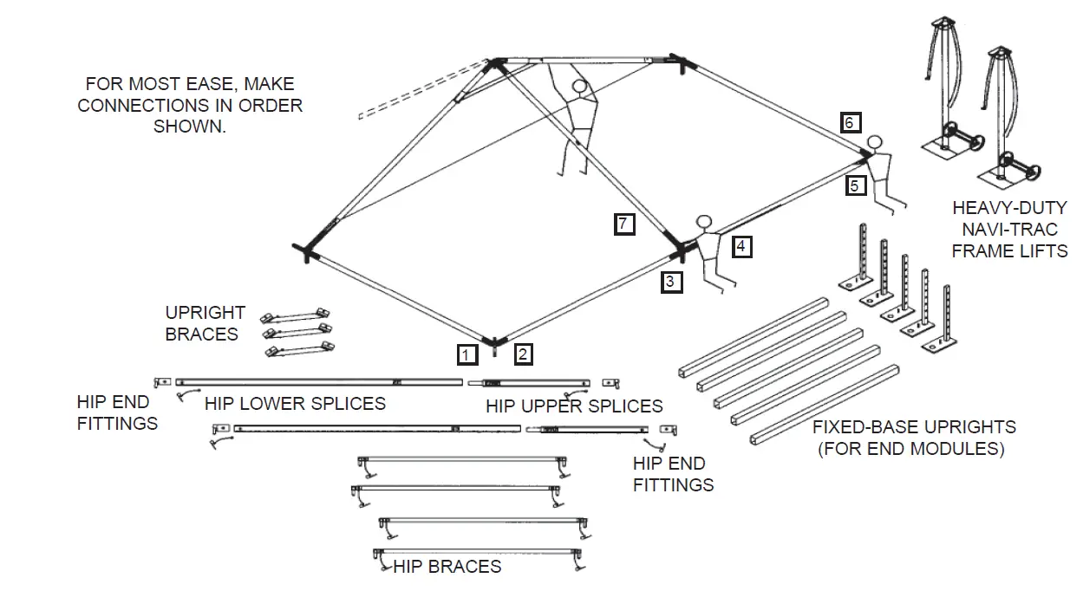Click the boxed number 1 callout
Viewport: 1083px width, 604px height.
pyautogui.click(x=466, y=354)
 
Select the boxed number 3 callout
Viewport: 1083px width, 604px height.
pyautogui.click(x=672, y=282)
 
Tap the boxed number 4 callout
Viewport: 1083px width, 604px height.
pyautogui.click(x=740, y=246)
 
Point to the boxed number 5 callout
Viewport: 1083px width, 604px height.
pyautogui.click(x=855, y=185)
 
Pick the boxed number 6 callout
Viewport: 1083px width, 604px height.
pyautogui.click(x=851, y=122)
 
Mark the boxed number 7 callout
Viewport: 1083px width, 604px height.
pyautogui.click(x=623, y=224)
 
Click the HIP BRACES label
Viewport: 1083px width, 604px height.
pyautogui.click(x=447, y=567)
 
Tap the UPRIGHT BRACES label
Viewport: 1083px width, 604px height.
pyautogui.click(x=205, y=323)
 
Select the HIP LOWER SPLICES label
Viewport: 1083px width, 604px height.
pyautogui.click(x=295, y=404)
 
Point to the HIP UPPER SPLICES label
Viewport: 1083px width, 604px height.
pyautogui.click(x=574, y=406)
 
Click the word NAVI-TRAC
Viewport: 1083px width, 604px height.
pyautogui.click(x=1009, y=230)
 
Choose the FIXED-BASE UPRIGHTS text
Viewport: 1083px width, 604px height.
pyautogui.click(x=914, y=427)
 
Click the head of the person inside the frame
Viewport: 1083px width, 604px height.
pyautogui.click(x=579, y=88)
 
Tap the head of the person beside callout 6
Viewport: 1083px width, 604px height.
pyautogui.click(x=876, y=141)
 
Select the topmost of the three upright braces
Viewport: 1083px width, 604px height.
pyautogui.click(x=297, y=314)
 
